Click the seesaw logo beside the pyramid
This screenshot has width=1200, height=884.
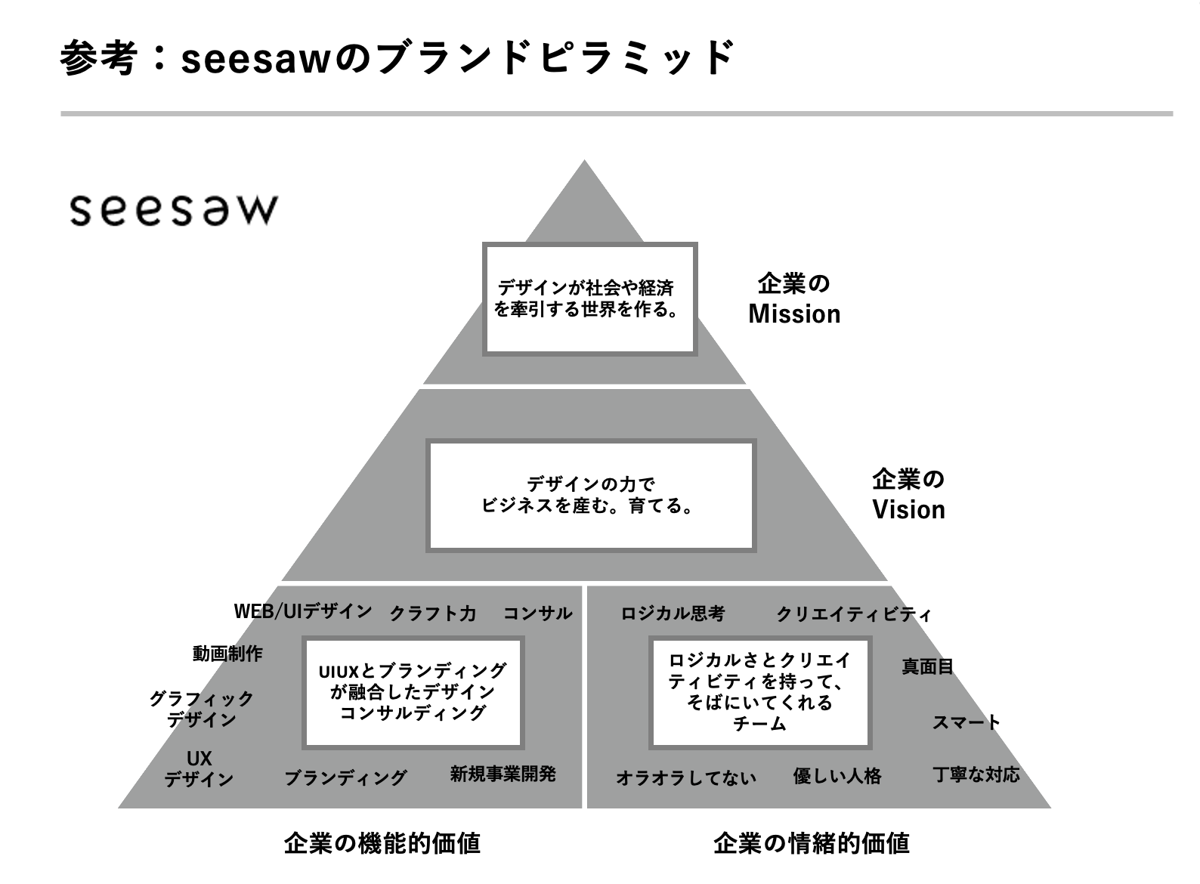coord(174,210)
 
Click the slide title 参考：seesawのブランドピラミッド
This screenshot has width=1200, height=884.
coord(397,58)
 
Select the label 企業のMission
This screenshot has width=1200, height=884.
coord(794,299)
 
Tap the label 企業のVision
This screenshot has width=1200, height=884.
coord(908,494)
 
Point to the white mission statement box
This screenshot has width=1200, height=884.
coord(590,299)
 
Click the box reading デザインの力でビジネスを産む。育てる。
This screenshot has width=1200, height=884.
coord(591,496)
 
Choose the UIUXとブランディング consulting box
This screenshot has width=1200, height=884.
coord(413,692)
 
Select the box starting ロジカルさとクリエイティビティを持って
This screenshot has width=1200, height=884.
coord(760,692)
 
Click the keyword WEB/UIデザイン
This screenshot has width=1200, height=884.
coord(303,611)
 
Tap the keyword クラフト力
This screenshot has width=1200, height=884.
coord(433,614)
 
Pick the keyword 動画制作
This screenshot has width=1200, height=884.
coord(227,654)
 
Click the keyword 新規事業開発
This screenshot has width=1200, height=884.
coord(503,774)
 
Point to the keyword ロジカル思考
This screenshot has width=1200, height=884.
coord(673,614)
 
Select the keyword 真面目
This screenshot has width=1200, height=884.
coord(927,666)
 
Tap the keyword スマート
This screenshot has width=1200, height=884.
coord(966,722)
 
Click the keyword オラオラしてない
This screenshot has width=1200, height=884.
coord(686,777)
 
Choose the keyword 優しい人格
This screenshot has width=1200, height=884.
coord(837,776)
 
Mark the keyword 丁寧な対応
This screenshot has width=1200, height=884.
coord(976,774)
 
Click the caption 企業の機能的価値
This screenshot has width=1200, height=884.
coord(382,842)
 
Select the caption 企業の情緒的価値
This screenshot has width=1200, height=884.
coord(812,842)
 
